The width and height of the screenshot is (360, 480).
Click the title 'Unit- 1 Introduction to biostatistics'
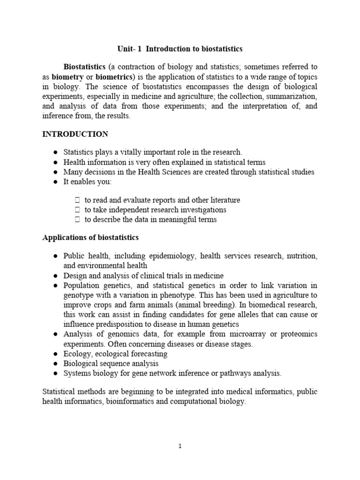click(180, 49)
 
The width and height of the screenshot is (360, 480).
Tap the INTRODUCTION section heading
click(75, 134)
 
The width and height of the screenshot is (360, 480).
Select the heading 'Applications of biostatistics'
click(90, 238)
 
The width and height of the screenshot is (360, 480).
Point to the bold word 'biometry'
click(68, 76)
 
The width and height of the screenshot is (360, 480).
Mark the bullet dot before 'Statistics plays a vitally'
click(56, 152)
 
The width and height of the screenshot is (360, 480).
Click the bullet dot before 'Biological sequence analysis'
click(56, 363)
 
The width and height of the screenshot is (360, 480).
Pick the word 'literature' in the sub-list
click(224, 200)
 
